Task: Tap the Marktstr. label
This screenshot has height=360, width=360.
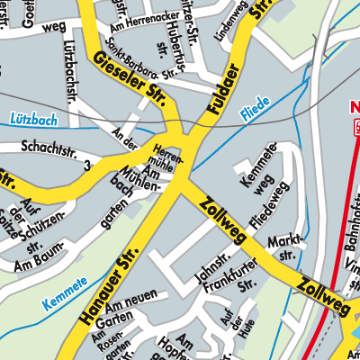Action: [x=288, y=247]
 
